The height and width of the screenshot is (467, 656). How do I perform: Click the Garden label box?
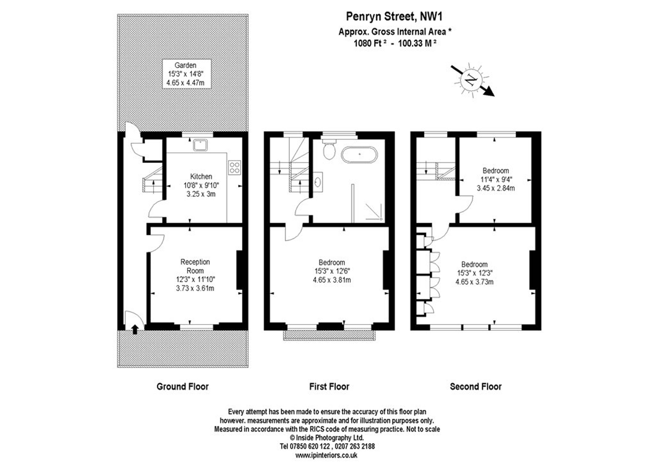point(187,74)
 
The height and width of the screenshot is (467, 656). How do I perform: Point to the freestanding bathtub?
point(359,155)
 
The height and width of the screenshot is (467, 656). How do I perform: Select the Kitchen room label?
point(201,176)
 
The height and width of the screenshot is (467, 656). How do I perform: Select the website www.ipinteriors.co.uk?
point(326,455)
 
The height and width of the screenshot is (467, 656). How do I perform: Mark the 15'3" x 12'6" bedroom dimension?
point(332,271)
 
